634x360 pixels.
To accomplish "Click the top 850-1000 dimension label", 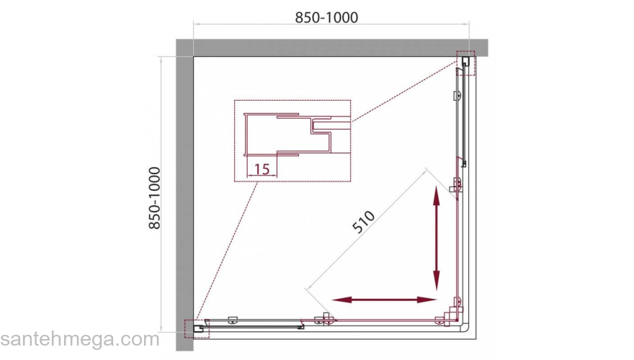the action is [x=326, y=18].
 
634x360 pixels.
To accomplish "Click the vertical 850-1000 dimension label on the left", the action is [x=155, y=199].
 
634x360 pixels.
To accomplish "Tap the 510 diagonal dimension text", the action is [x=364, y=222].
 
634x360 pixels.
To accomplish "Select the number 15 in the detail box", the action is [x=262, y=169].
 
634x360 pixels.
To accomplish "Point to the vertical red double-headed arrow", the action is [x=437, y=238].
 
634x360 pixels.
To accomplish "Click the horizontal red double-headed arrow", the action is [x=384, y=300].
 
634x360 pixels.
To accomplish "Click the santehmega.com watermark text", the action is [x=80, y=339].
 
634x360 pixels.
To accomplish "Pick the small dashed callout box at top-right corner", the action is [x=465, y=63].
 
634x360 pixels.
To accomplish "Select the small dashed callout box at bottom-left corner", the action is [x=197, y=328].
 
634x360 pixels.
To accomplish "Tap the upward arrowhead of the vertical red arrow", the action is [x=437, y=194].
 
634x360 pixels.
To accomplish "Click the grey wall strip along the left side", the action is [x=184, y=194].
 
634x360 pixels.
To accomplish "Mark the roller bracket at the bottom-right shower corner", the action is [x=450, y=315].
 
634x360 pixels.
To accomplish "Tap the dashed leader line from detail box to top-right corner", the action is [x=404, y=91].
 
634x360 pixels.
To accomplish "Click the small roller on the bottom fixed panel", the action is [x=233, y=320].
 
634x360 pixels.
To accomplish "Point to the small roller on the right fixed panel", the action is [x=457, y=96].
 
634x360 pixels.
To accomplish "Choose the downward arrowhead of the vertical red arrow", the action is [x=437, y=282].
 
